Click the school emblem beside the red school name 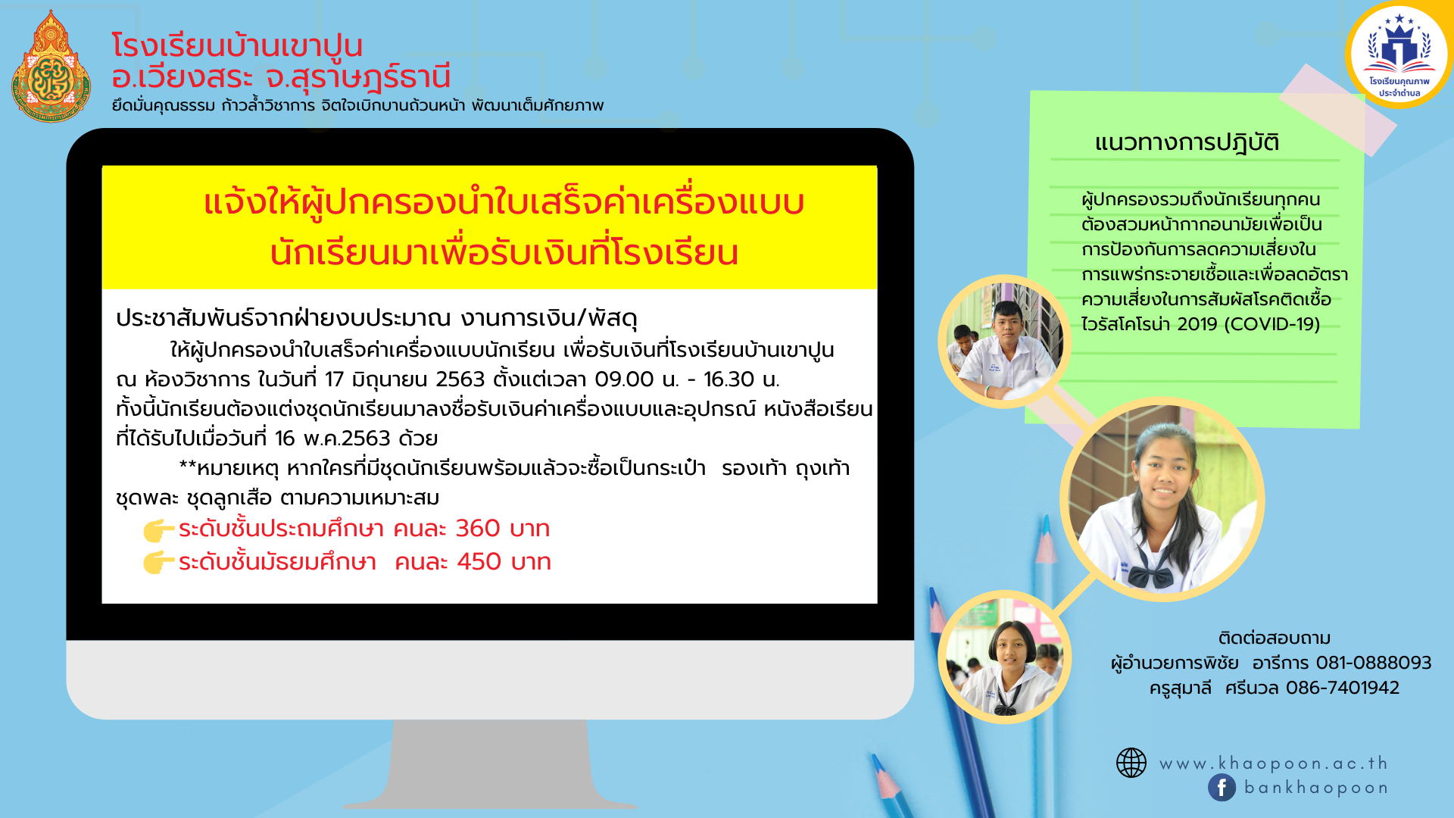51,67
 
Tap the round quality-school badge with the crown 1399,55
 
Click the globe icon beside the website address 1131,763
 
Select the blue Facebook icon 1222,788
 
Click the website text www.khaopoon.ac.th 1274,763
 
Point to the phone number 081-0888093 1374,663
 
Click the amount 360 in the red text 478,529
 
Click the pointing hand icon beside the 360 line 158,530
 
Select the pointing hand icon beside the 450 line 158,563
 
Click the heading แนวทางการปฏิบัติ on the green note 1187,143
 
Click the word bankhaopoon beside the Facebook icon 1316,788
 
